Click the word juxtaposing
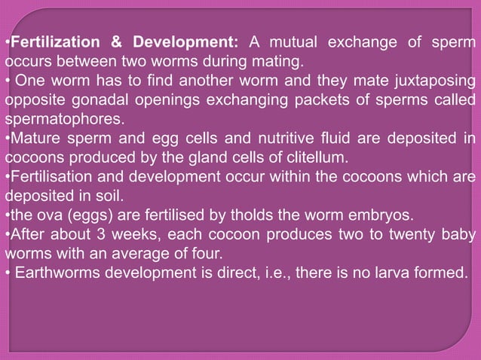430,80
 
